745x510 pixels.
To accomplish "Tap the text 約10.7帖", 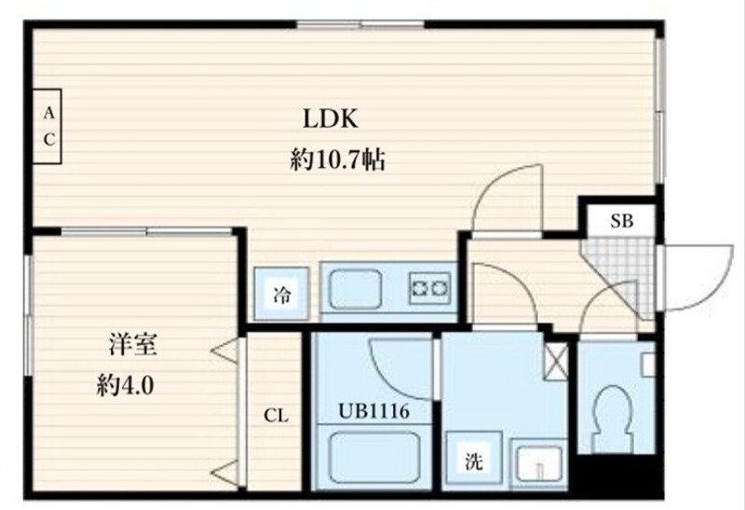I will point(337,160).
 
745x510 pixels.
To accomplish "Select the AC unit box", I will point(49,127).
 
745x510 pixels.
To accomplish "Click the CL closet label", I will point(276,416).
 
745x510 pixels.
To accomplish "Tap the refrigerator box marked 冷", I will point(281,296).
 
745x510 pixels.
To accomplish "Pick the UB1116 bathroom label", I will point(373,409).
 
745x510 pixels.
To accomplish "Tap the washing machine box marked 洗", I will point(474,460).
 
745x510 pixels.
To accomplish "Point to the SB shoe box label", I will point(621,221).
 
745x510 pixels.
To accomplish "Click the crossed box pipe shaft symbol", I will point(555,359).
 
